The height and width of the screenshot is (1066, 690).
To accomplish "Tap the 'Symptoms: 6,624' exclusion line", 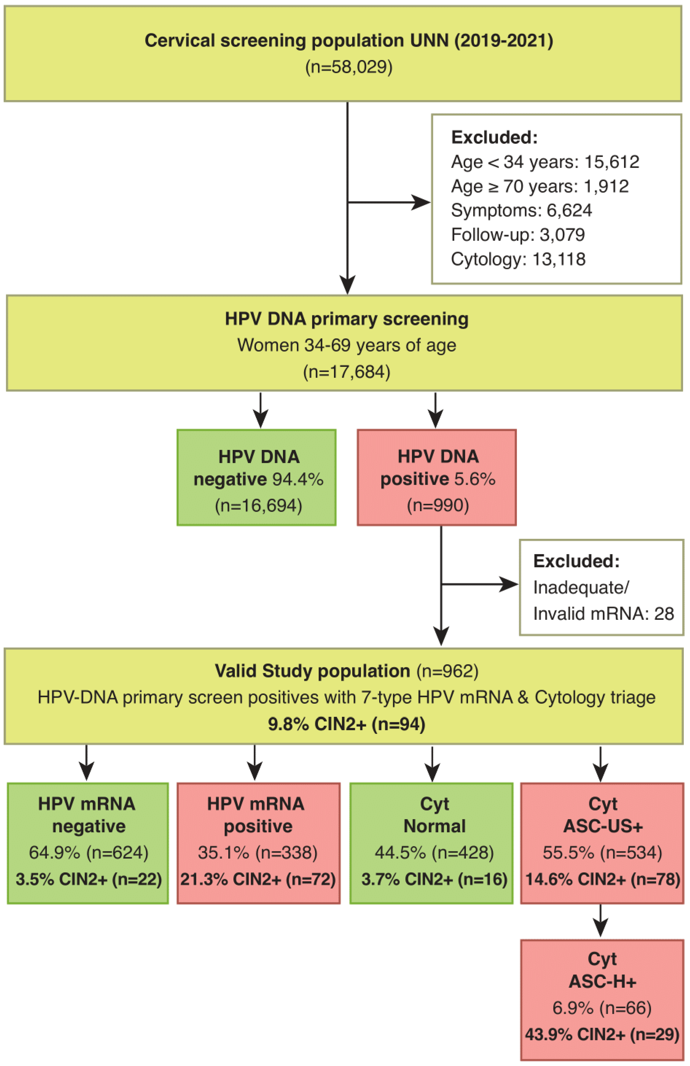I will [x=521, y=210].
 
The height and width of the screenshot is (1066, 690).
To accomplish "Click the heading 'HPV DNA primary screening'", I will [x=347, y=319].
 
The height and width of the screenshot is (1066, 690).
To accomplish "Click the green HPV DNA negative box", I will [x=256, y=477].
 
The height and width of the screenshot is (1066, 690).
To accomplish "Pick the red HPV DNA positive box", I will [x=437, y=477].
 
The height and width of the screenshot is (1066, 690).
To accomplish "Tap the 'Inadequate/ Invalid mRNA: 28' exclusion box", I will [x=601, y=587].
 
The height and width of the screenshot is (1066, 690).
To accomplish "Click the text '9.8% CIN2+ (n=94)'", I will [x=347, y=724].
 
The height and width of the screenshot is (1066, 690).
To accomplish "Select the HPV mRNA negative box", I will [x=88, y=843].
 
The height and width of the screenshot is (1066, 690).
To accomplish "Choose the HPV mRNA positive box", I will [x=258, y=843].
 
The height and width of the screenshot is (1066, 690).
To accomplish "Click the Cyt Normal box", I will [x=431, y=843].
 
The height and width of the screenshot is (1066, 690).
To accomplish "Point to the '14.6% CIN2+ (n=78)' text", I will [x=602, y=879].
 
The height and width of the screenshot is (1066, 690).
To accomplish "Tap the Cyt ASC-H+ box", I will [x=602, y=999].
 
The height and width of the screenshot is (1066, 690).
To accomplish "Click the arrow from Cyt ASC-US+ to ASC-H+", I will [x=600, y=920].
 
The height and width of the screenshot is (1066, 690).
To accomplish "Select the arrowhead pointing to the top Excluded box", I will [x=421, y=202].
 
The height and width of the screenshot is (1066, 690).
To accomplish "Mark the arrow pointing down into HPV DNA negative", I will [x=261, y=410].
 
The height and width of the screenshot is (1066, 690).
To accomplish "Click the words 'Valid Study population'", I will [x=312, y=671].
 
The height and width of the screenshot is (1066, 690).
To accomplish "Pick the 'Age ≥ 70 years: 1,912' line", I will [x=540, y=186].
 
